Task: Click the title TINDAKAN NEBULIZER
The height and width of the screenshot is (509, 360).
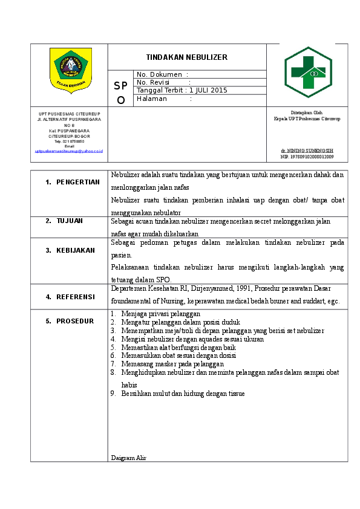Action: coord(186,57)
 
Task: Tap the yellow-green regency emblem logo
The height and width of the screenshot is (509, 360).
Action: coord(69,69)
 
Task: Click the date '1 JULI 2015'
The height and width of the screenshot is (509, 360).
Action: coord(208,90)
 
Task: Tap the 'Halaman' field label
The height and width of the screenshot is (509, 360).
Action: coord(152,99)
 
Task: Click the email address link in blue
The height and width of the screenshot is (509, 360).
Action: coord(69,151)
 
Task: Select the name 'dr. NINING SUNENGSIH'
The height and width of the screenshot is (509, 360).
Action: coord(307,150)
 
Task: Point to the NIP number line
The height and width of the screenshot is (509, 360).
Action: coord(307,157)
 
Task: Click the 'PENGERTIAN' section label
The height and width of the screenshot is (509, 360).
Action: coord(77,182)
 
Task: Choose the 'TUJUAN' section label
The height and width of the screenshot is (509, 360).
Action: coord(70,221)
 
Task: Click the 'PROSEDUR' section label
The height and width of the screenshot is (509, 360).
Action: coord(75,321)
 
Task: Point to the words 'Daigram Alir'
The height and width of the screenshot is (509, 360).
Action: coord(129,458)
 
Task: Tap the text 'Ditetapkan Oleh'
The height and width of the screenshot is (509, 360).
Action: coord(307,112)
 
